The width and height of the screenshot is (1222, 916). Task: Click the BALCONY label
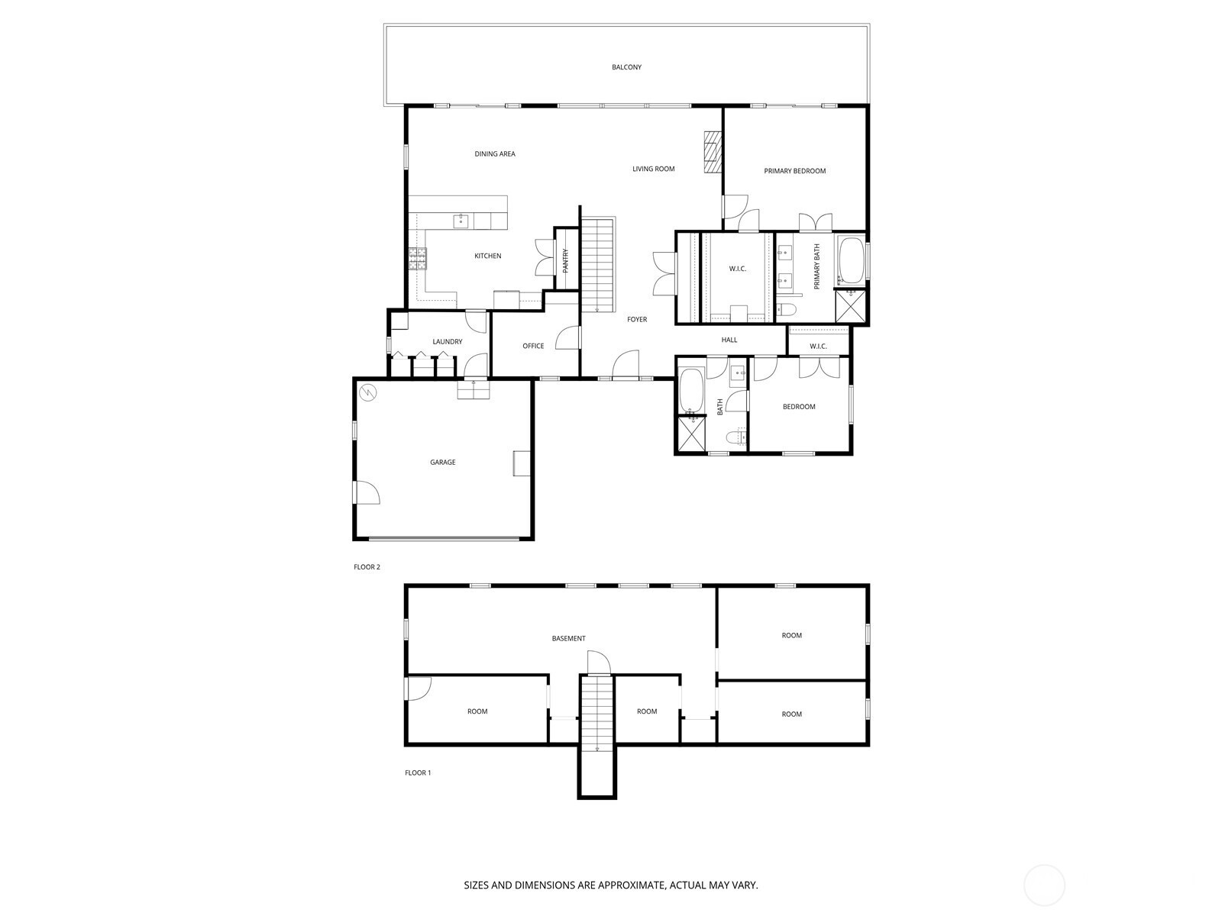point(626,67)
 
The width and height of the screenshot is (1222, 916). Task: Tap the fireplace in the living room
point(713,153)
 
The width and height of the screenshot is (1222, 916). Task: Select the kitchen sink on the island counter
point(461,221)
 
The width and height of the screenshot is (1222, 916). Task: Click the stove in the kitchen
point(418,260)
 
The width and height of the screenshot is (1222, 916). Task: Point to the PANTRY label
point(566,260)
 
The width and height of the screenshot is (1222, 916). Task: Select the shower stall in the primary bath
point(851,306)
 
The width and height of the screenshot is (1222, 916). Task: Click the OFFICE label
point(533,346)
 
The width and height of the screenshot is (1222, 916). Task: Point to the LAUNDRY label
point(447,341)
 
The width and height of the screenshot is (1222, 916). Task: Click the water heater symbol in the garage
point(368,393)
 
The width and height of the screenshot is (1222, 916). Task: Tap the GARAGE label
point(442,462)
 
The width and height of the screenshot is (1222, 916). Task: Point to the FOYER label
point(637,319)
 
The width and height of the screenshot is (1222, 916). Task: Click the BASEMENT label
point(568,638)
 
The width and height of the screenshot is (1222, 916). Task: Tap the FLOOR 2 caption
point(367,567)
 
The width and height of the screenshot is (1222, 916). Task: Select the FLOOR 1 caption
point(418,772)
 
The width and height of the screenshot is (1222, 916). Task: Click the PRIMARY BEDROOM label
point(794,171)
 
